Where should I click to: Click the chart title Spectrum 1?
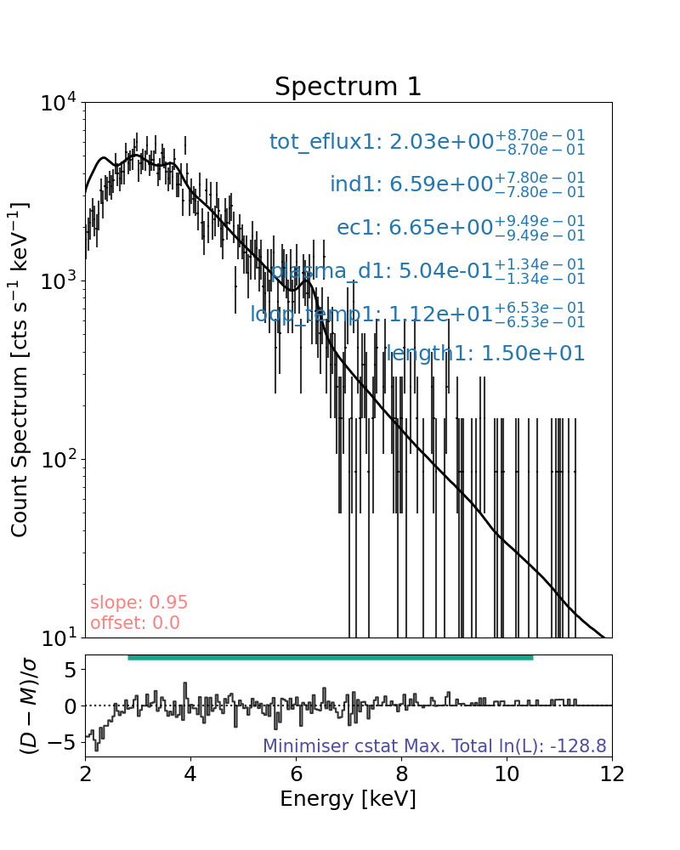point(348,87)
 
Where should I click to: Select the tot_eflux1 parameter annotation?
point(427,142)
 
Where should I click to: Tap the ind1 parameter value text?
point(456,184)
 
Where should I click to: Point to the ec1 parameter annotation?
point(461,228)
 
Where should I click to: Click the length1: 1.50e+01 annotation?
point(485,354)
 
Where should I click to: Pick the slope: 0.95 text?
point(139,603)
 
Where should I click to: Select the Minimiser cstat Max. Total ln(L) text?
point(434,746)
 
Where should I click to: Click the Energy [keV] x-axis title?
point(348,799)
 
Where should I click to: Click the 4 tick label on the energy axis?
point(190,775)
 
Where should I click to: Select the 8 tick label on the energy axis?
point(401,775)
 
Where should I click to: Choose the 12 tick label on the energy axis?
point(611,775)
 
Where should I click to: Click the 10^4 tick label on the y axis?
point(58,104)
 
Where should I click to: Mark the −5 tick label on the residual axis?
point(65,742)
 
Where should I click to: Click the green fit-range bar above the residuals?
point(330,657)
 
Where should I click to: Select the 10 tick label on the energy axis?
point(506,775)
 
